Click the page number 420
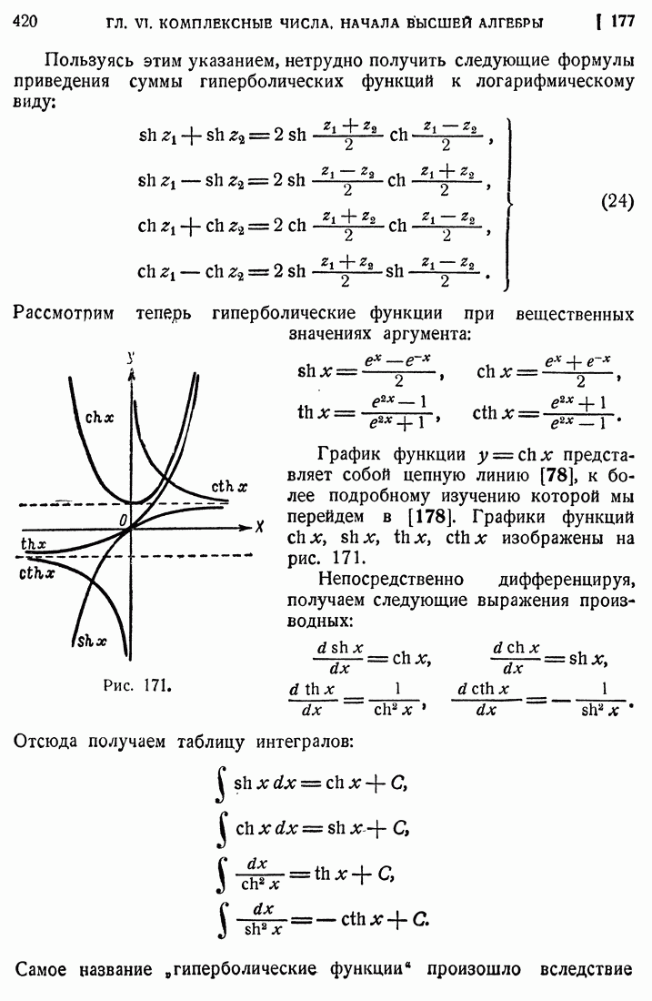(x=25, y=22)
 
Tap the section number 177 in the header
(x=623, y=21)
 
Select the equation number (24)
(x=617, y=202)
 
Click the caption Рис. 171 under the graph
(x=137, y=685)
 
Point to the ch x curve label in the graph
(x=99, y=418)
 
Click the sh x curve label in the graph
(x=92, y=641)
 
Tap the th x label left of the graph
(x=34, y=544)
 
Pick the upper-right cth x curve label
(x=230, y=487)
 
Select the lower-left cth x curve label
(x=37, y=573)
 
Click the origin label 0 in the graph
(x=123, y=521)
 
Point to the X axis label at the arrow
(x=259, y=527)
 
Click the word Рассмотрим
(x=63, y=313)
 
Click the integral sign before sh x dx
(x=221, y=784)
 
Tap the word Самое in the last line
(x=41, y=970)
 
